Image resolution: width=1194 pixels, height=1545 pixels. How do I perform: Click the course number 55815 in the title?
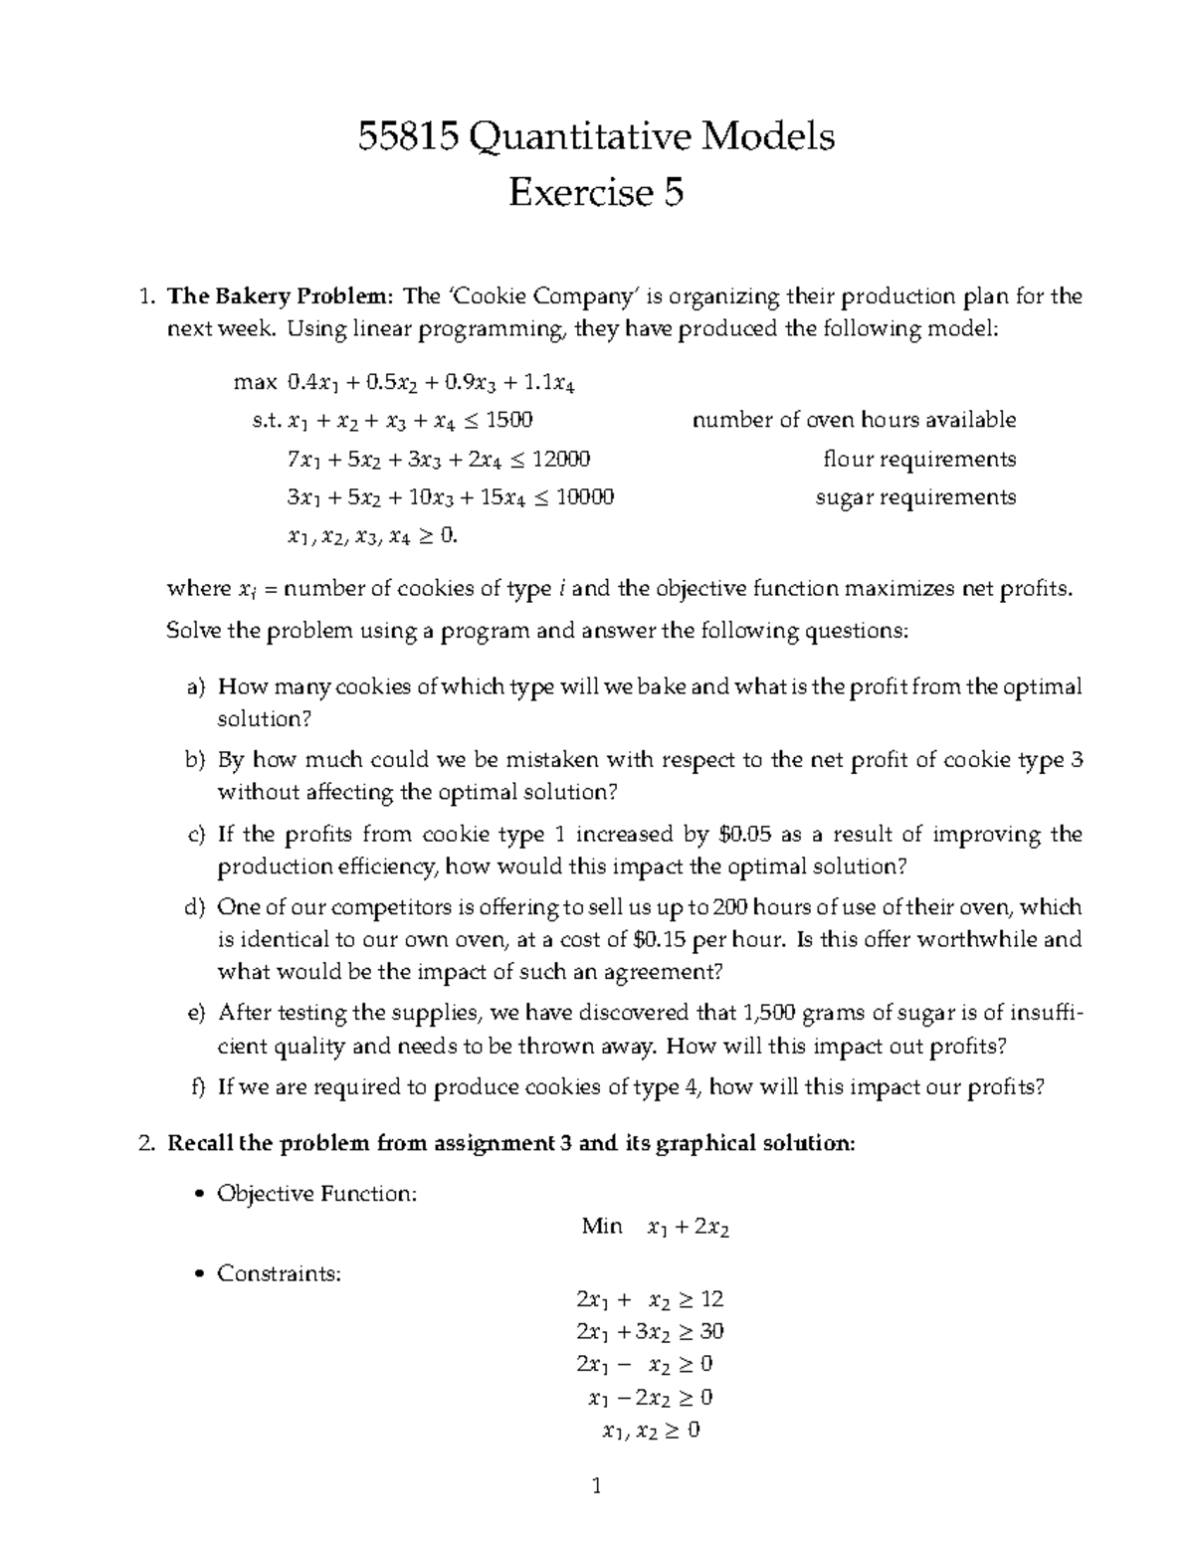406,136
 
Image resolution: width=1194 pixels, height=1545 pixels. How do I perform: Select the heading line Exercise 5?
596,192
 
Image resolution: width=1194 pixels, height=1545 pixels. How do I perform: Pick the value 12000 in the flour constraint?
561,459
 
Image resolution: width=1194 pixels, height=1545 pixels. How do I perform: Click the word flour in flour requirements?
846,459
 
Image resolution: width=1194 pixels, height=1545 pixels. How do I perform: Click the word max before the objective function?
254,381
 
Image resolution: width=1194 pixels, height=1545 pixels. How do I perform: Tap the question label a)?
195,686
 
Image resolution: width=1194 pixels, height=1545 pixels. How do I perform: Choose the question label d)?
194,907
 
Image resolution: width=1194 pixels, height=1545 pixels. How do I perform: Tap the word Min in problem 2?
602,1227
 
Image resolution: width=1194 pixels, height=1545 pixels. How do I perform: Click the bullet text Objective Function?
316,1193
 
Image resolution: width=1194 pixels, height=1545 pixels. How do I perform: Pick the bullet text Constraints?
279,1272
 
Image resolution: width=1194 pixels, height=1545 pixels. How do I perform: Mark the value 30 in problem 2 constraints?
711,1331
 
